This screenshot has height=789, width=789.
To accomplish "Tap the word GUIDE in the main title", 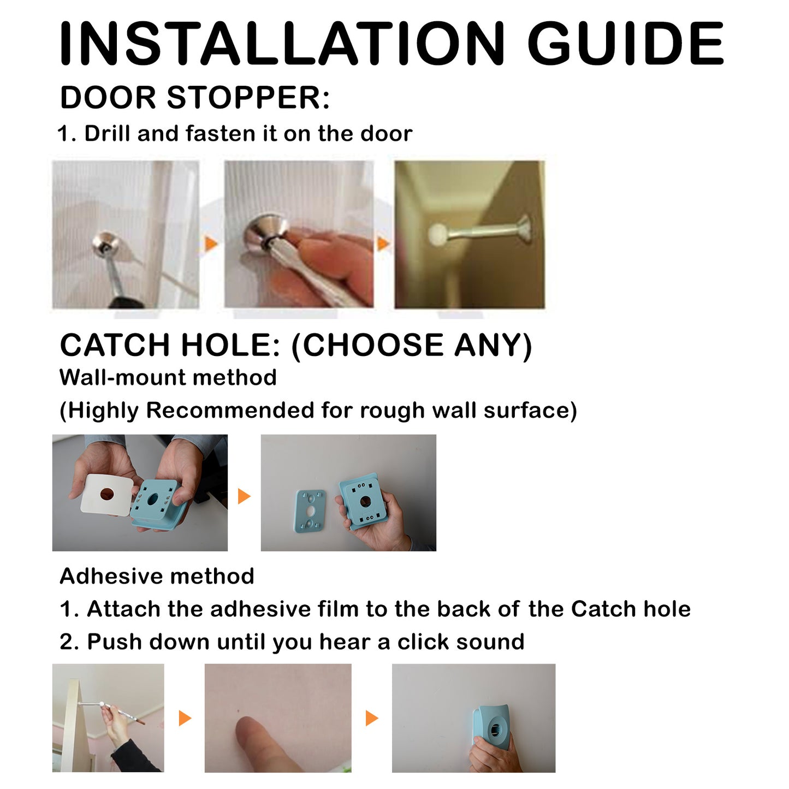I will pyautogui.click(x=625, y=44).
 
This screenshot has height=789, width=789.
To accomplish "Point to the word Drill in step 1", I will pyautogui.click(x=108, y=134).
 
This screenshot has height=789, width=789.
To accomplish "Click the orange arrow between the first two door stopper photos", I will pyautogui.click(x=211, y=244).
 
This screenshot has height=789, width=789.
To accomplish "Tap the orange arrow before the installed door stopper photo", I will pyautogui.click(x=383, y=244).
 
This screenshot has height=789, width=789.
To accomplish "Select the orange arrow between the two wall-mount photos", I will pyautogui.click(x=244, y=496).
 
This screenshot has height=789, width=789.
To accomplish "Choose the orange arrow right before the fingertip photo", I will pyautogui.click(x=185, y=718).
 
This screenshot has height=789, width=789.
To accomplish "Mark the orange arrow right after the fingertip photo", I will pyautogui.click(x=372, y=718).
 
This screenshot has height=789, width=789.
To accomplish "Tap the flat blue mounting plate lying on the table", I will pyautogui.click(x=310, y=511).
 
